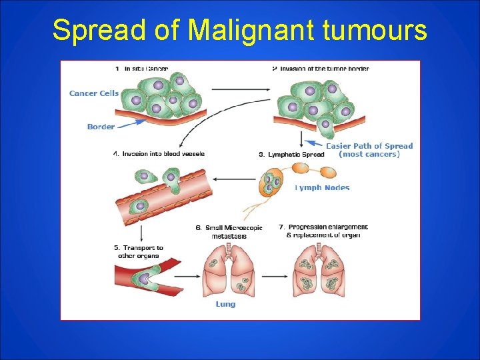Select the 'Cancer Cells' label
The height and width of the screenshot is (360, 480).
[93, 93]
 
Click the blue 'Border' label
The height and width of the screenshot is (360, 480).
[101, 127]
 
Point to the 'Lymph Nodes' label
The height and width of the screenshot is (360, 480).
[323, 187]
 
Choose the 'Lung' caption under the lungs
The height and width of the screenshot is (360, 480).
[225, 304]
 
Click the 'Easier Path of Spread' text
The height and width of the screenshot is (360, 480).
[369, 146]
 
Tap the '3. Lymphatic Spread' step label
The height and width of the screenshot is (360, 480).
[291, 154]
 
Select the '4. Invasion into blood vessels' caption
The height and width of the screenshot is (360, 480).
[159, 153]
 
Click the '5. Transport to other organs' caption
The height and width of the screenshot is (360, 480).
[139, 251]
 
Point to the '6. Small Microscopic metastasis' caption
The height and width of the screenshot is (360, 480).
[229, 231]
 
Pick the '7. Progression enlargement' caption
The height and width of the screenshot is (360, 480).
[323, 231]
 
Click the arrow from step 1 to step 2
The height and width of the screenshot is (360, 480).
[241, 88]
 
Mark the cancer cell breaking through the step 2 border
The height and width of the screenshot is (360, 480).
[325, 125]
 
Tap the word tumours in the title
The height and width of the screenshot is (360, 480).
[378, 30]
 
